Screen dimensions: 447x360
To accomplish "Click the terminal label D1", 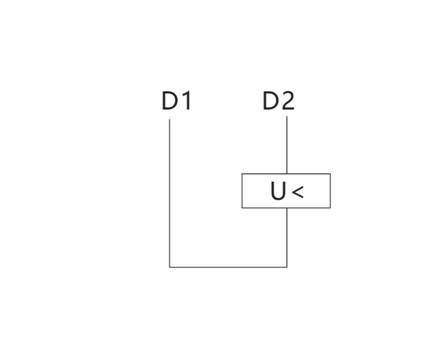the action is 176,100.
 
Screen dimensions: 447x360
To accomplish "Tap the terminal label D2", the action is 278,100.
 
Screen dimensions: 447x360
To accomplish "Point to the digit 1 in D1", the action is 187,100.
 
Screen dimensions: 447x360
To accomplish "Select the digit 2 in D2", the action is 287,100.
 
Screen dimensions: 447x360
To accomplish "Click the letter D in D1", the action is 170,100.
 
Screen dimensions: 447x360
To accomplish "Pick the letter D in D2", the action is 270,100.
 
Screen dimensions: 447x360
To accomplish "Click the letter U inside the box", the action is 278,191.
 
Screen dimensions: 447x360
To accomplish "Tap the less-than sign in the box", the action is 297,192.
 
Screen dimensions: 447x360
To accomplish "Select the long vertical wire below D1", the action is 170,193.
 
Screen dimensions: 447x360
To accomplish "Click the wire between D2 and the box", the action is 287,145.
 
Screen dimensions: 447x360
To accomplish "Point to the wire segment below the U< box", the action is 287,238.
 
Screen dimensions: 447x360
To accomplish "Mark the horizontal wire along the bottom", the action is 228,267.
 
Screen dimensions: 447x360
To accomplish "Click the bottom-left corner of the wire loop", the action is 170,267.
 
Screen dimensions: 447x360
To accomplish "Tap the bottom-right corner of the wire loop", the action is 287,267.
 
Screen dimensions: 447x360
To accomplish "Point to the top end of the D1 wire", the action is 170,120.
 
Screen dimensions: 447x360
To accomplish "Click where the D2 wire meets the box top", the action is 287,174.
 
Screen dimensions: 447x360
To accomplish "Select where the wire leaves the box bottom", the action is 287,208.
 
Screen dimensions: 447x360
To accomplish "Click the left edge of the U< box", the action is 242,191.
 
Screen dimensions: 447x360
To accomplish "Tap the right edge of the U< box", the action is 331,191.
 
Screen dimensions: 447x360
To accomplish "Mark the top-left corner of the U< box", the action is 242,174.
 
